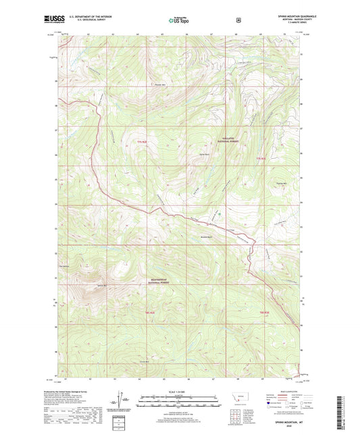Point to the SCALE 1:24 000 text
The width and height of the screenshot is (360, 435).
(x=178, y=392)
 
